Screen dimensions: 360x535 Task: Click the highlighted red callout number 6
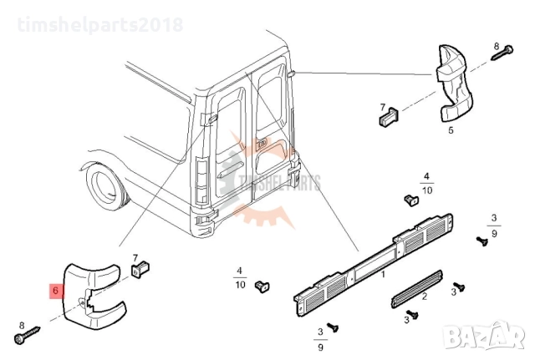[x=55, y=292]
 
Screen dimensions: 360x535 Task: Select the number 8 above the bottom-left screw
[x=22, y=324]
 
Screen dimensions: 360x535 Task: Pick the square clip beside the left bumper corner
[x=138, y=269]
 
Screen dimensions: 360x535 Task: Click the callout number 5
[x=451, y=130]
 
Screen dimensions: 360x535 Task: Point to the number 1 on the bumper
[x=384, y=274]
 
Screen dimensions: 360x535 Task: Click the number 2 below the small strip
[x=424, y=296]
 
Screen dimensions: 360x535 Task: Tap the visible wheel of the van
[x=105, y=187]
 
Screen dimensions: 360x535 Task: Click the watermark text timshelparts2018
[x=92, y=23]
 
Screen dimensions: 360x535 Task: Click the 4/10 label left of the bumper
[x=240, y=278]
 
